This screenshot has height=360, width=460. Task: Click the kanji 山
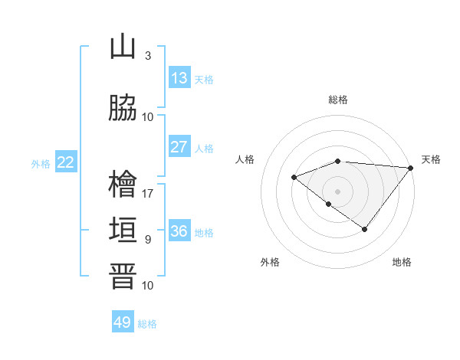pos(123,47)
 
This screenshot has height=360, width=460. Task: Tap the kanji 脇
pos(123,109)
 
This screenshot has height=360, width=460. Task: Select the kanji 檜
pos(123,185)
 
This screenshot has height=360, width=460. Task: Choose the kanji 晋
pos(123,277)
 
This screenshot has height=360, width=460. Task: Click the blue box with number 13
pos(179,78)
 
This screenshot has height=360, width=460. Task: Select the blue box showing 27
pos(179,147)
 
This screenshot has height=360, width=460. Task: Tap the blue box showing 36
pos(179,231)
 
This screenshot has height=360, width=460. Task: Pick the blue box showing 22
pos(66,162)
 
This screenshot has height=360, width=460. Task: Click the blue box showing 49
pos(123,322)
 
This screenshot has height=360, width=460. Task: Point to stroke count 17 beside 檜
pos(148,193)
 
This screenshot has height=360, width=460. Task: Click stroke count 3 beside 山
pos(148,55)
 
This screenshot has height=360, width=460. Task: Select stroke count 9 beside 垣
pos(148,239)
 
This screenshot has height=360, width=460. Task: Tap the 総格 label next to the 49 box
pos(148,324)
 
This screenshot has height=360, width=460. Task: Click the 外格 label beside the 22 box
pos(41,163)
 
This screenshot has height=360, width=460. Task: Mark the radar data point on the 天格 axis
pos(411,168)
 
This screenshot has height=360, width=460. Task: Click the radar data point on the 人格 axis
pos(294,177)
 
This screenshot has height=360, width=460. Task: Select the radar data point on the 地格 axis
pos(365,229)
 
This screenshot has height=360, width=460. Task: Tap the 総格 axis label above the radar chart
pos(338,100)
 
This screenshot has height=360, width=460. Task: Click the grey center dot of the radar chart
pos(338,191)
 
